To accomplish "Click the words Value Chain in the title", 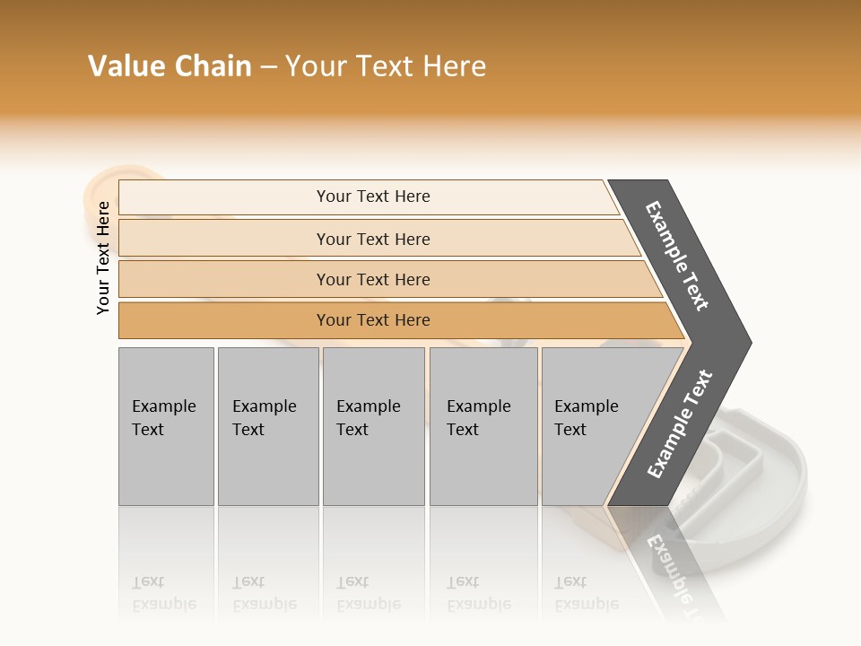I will tap(170, 66).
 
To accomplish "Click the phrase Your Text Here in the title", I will tap(386, 66).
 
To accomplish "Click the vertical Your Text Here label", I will tap(103, 258).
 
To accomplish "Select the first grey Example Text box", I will tap(166, 426).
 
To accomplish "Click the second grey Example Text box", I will tap(267, 426).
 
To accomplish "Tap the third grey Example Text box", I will tap(373, 426).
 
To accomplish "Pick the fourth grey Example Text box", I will tap(483, 426).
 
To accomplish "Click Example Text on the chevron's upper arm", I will tap(677, 256).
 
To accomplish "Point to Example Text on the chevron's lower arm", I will tap(680, 423).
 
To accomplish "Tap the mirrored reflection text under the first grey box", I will tap(164, 593).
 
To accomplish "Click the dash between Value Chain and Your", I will tap(268, 66).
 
